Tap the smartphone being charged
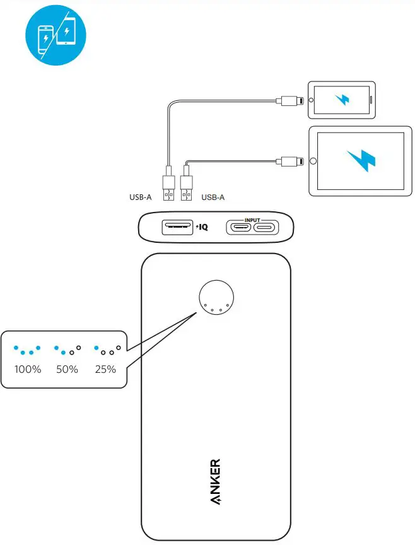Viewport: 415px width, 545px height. [x=341, y=100]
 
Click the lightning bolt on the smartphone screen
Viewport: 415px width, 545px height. [x=342, y=100]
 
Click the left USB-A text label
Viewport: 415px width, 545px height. [x=140, y=197]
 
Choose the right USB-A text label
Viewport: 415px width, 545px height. [x=213, y=197]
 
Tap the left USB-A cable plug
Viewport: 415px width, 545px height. [x=168, y=188]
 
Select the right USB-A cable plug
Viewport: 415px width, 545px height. [x=187, y=188]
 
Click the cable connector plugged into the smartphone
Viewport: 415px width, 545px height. [x=291, y=100]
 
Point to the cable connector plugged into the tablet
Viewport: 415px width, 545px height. [x=291, y=161]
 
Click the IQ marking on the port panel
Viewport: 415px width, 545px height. [x=202, y=227]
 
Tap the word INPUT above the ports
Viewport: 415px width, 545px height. [x=252, y=220]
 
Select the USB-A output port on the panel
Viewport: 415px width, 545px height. [x=178, y=226]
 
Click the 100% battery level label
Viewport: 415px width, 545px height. [x=28, y=370]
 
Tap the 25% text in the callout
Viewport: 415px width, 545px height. [x=105, y=370]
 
